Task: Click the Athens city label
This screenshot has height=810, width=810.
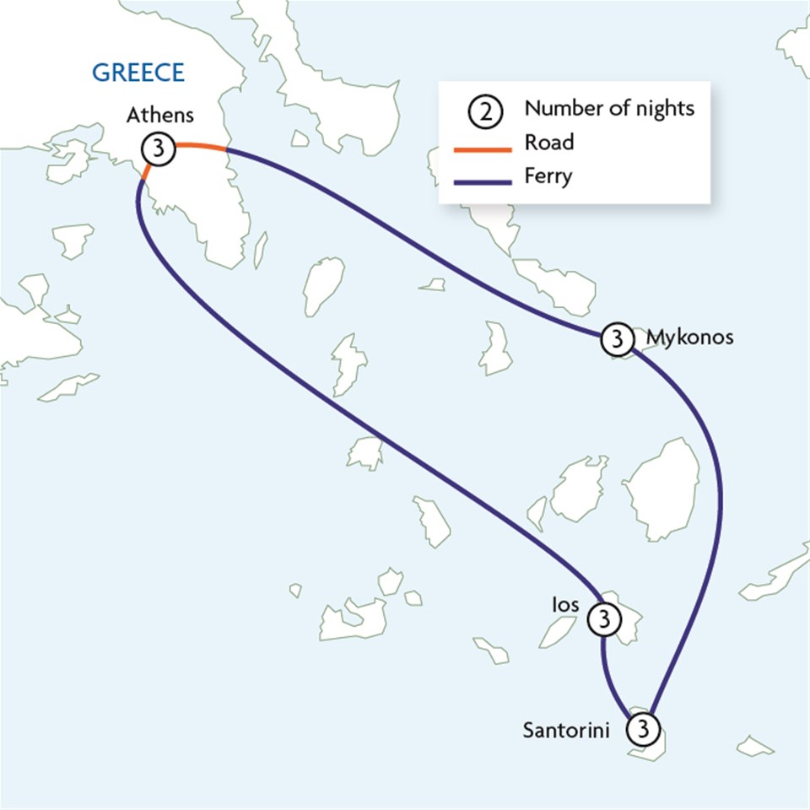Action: tap(160, 116)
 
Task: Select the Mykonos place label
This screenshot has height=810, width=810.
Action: tap(689, 337)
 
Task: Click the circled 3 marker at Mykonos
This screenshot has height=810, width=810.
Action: tap(617, 339)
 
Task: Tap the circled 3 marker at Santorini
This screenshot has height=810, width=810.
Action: tap(643, 728)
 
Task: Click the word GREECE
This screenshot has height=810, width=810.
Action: tap(138, 73)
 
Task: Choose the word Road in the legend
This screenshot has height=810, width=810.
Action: tap(548, 143)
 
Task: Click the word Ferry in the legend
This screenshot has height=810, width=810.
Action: tap(548, 177)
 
